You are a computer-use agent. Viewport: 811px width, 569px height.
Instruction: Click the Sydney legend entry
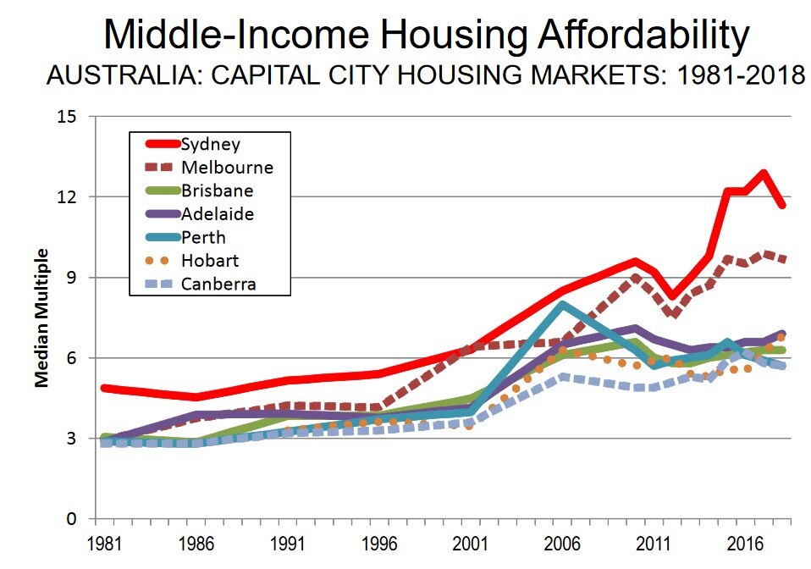(211, 145)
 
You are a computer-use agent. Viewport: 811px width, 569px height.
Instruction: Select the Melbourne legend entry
(227, 168)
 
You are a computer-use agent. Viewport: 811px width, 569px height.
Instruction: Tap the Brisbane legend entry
(217, 191)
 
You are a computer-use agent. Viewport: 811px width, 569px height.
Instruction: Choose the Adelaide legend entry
(218, 214)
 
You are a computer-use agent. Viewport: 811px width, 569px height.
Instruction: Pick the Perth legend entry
(203, 237)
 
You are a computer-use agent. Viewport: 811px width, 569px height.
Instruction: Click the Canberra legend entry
(218, 283)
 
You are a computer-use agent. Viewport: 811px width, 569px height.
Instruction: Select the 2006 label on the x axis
(559, 539)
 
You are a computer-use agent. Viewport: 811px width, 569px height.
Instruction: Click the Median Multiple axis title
(40, 318)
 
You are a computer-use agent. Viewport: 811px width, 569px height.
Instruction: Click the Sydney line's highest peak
(764, 174)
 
